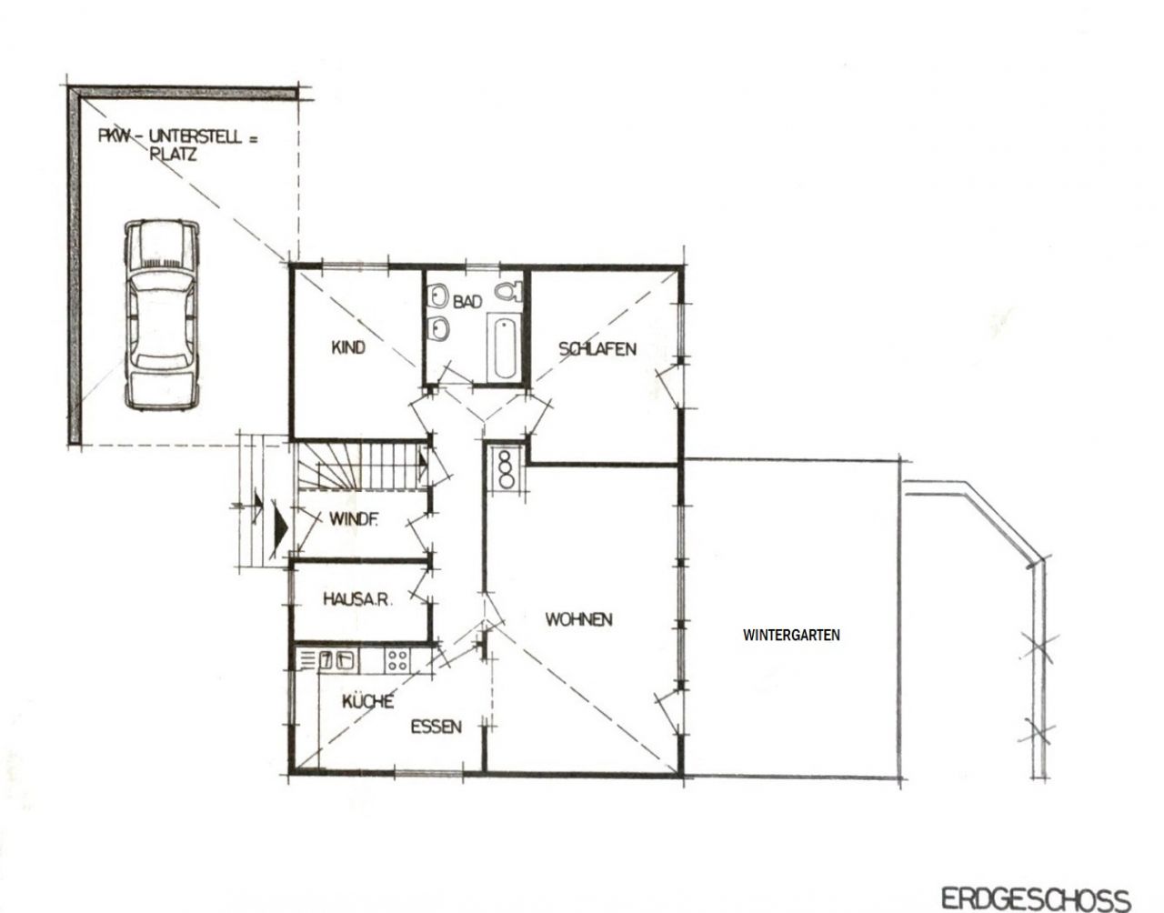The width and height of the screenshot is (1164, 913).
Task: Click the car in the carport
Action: pyautogui.click(x=162, y=315)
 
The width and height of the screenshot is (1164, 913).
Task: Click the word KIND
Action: pyautogui.click(x=348, y=347)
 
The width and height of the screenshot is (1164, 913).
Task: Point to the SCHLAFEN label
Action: pyautogui.click(x=597, y=349)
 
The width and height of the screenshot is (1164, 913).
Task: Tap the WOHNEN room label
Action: pyautogui.click(x=578, y=619)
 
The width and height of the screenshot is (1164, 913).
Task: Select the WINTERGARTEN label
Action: pyautogui.click(x=791, y=635)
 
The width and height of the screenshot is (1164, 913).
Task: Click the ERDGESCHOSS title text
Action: pyautogui.click(x=1036, y=899)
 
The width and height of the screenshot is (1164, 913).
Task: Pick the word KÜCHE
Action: pyautogui.click(x=367, y=701)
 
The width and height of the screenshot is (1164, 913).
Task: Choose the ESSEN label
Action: pyautogui.click(x=436, y=727)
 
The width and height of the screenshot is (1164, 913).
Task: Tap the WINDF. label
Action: pyautogui.click(x=354, y=519)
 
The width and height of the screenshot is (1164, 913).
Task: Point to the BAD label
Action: pyautogui.click(x=467, y=302)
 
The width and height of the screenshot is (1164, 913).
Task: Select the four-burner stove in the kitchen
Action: pyautogui.click(x=397, y=660)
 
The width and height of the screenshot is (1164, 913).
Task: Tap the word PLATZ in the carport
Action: pyautogui.click(x=173, y=156)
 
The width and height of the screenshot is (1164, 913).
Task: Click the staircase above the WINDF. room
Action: pyautogui.click(x=360, y=466)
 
